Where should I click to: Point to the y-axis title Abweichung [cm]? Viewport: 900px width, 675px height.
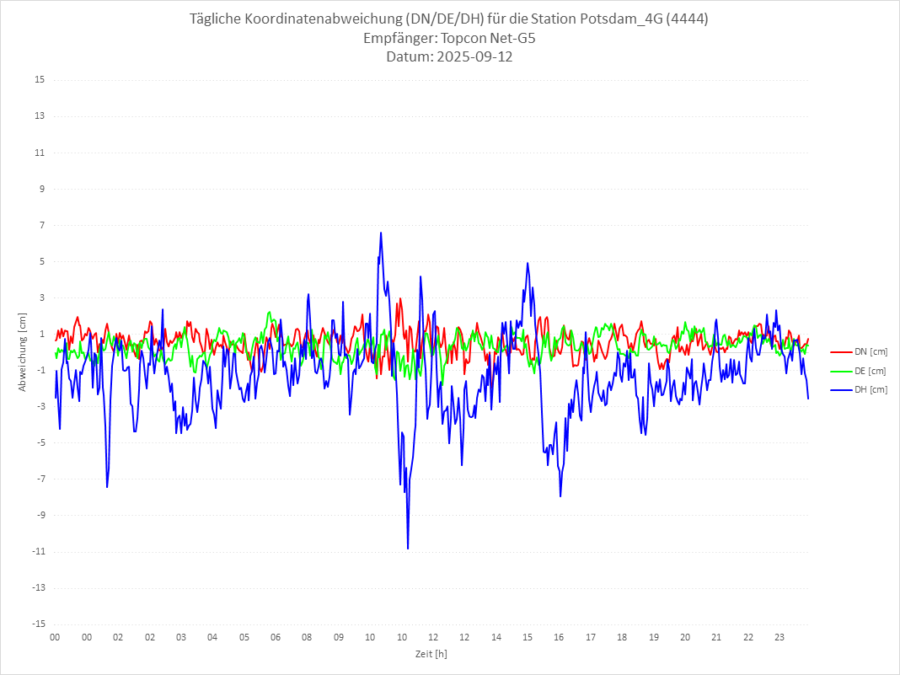point(23,351)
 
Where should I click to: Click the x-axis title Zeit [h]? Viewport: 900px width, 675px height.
point(431,654)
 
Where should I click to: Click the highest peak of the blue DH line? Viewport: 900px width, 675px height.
point(381,233)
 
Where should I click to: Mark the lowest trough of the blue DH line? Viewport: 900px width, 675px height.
point(408,549)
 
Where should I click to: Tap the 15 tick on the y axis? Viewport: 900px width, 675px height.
point(39,80)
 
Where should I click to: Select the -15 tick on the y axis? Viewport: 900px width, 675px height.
point(37,624)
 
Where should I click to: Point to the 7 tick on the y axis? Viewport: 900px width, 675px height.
point(40,225)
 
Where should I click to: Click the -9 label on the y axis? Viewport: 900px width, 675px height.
point(39,515)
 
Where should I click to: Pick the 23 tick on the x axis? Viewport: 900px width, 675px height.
point(780,637)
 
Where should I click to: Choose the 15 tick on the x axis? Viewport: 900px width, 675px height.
point(528,637)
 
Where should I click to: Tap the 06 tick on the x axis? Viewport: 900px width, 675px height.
point(276,637)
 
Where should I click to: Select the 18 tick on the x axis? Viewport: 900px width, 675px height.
point(622,637)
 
